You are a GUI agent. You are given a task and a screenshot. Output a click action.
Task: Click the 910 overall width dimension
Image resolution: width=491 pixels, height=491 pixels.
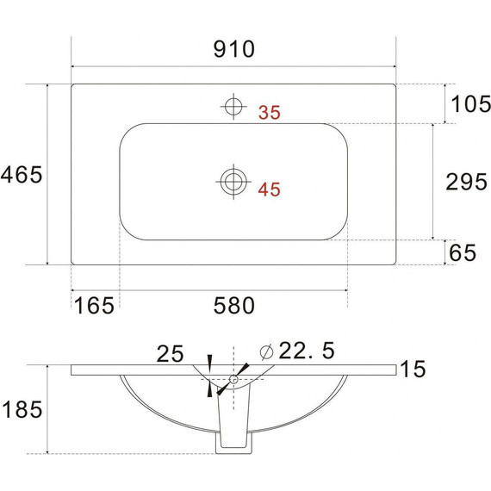[234, 49]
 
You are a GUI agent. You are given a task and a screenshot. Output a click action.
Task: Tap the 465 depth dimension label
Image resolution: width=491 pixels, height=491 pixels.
[22, 174]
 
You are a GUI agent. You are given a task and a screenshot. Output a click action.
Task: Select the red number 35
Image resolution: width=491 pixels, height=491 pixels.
[270, 113]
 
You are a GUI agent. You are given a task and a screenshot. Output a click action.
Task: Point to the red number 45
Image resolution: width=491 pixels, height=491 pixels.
[269, 190]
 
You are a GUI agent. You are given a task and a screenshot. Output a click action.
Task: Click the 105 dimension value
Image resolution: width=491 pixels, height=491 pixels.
[470, 104]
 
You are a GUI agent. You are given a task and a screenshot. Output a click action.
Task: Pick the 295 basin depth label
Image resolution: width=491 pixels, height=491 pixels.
[467, 182]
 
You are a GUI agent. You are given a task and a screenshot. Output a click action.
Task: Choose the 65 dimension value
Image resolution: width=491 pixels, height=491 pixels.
[463, 252]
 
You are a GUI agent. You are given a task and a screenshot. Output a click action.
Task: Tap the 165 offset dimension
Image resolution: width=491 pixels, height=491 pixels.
[94, 305]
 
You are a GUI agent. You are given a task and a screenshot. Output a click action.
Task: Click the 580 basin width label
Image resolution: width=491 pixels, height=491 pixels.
[234, 305]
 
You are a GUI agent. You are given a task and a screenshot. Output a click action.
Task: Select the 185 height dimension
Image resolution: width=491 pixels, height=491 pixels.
[22, 409]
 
